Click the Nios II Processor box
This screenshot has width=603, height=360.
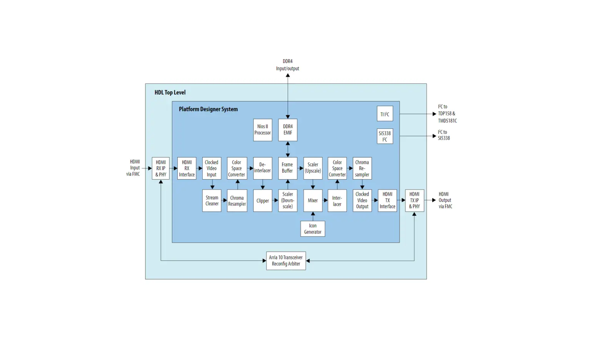click(x=263, y=130)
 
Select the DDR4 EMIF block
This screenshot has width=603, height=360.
click(x=288, y=130)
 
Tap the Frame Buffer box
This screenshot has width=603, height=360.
click(x=288, y=168)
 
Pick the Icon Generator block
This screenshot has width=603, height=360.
click(x=313, y=229)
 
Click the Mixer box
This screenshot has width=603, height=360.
click(x=313, y=200)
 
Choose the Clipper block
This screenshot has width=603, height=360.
click(x=263, y=200)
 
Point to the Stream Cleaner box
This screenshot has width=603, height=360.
click(x=212, y=200)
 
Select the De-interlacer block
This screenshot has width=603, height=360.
click(x=263, y=168)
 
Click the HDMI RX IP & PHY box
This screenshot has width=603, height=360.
click(x=161, y=168)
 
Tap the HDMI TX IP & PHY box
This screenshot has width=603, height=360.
click(x=414, y=200)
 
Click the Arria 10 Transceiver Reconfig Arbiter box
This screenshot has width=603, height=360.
click(x=286, y=261)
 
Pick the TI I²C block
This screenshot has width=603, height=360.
click(x=385, y=114)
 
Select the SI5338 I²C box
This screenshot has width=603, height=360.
click(x=385, y=136)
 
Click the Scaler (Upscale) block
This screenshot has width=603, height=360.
click(x=313, y=168)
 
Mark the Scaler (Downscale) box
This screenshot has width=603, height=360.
click(x=288, y=200)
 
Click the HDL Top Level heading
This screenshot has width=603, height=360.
click(x=170, y=92)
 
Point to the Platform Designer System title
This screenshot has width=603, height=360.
click(x=208, y=109)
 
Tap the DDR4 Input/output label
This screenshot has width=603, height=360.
click(x=287, y=65)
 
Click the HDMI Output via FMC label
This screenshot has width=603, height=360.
click(x=445, y=200)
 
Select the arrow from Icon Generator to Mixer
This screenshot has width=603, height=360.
click(x=313, y=216)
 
